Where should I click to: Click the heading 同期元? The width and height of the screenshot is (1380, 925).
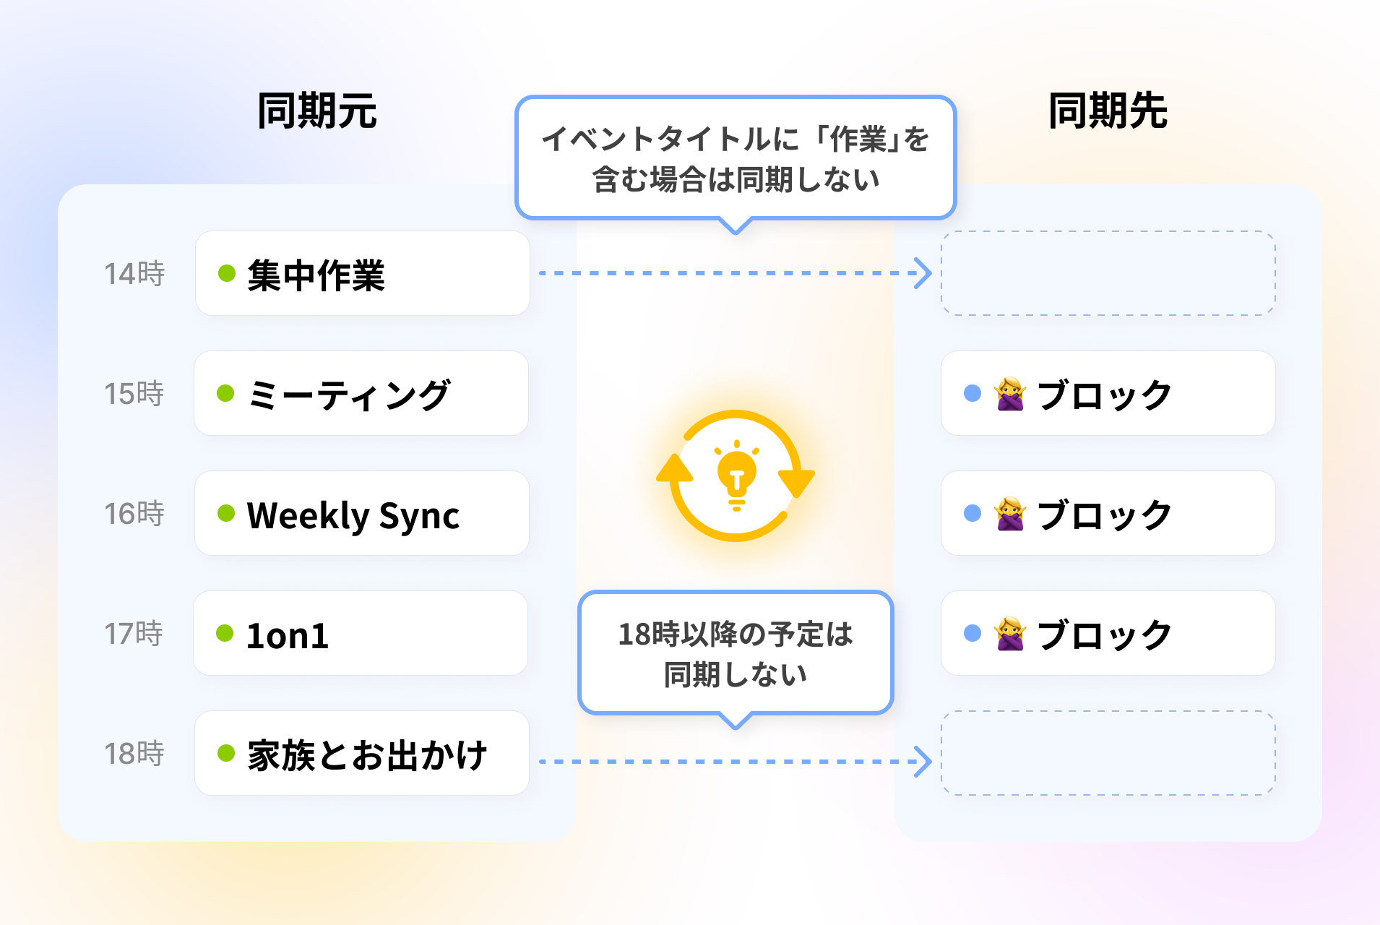point(317,111)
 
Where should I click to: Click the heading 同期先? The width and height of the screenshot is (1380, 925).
point(1108,111)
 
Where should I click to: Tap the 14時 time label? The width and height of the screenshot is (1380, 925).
point(134,274)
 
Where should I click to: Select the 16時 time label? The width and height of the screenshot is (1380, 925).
point(134,514)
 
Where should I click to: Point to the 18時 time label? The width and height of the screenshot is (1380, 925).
point(134,754)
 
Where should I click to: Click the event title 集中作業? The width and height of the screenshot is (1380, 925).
point(316,275)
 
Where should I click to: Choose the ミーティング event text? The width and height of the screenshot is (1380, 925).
point(348,395)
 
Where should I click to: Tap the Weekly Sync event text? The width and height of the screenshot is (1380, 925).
point(353,515)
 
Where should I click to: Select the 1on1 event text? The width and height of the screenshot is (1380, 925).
point(288,635)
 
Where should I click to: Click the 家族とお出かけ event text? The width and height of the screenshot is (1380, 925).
point(367,755)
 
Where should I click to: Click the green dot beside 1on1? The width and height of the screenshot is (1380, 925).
point(225,633)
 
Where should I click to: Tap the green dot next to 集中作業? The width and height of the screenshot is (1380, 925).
point(227,273)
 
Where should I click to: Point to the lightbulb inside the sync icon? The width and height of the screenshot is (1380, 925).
point(736,475)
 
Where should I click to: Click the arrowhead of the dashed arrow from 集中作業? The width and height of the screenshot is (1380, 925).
point(923,273)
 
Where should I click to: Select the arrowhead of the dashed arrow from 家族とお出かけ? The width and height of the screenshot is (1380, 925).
point(923,762)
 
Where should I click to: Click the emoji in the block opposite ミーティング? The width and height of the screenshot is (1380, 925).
point(1010,394)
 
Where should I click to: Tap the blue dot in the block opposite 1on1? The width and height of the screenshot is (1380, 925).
point(973,633)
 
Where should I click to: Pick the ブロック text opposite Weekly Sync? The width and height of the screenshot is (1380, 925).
point(1104,515)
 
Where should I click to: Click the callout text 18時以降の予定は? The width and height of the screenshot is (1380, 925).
point(736,634)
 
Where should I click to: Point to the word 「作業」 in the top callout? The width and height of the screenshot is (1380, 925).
point(858,139)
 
